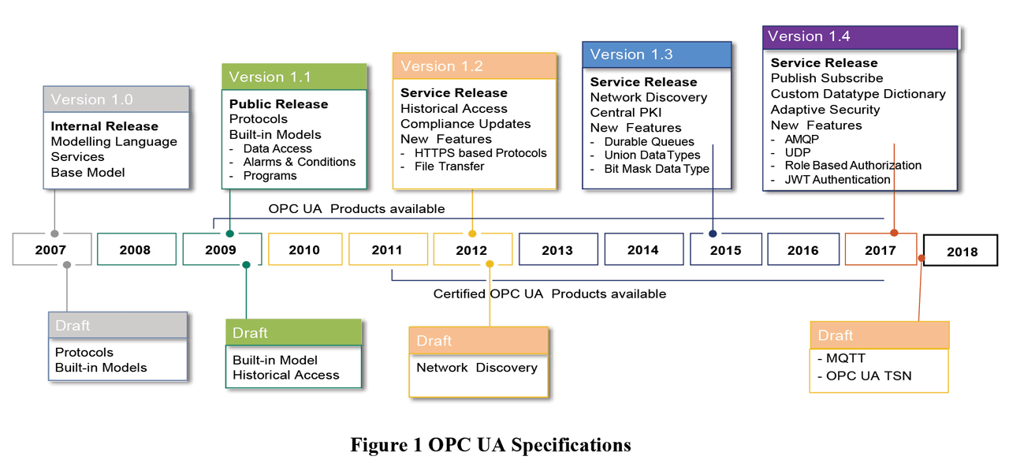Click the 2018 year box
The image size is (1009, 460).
click(960, 251)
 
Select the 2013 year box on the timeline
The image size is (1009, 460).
click(557, 249)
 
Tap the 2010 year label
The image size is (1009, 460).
click(304, 249)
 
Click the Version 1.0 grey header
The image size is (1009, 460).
click(116, 100)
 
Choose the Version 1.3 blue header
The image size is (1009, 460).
click(657, 54)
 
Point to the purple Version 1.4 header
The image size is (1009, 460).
click(859, 36)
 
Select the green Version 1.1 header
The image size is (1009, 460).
click(294, 77)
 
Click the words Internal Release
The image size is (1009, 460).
click(104, 126)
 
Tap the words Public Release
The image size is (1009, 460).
click(278, 104)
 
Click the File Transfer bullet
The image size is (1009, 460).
click(449, 166)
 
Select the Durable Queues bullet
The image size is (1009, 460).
click(649, 142)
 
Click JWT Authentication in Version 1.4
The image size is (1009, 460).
click(836, 179)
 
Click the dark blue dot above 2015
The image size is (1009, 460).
click(713, 234)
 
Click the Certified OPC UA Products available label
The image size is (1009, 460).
click(549, 294)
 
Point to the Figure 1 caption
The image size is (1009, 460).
click(490, 445)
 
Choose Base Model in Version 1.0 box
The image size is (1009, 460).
click(87, 172)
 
